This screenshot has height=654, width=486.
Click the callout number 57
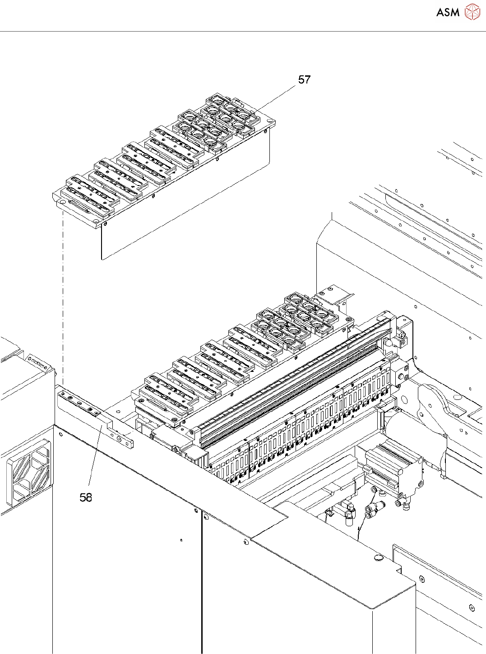tap(305, 79)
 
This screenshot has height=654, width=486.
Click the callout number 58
tap(86, 497)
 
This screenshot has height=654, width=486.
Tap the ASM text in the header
tap(448, 12)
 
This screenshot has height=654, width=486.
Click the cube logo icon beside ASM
tap(472, 12)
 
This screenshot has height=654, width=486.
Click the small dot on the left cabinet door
tap(181, 540)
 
